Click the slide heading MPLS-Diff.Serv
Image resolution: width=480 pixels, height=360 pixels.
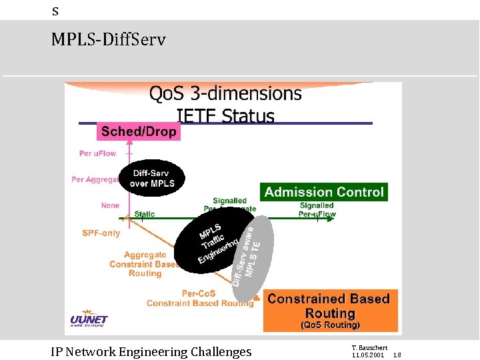click(x=108, y=40)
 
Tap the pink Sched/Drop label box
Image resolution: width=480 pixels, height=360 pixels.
click(x=139, y=131)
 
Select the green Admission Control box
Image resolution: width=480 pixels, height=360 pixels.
click(x=324, y=192)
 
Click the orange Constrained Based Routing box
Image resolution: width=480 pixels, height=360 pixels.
click(x=330, y=310)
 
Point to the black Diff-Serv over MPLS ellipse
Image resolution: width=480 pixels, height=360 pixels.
click(x=154, y=178)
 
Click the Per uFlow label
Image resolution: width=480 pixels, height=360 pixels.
click(x=97, y=153)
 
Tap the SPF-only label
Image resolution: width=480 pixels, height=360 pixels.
click(x=101, y=233)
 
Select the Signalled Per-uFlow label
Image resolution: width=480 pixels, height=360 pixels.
click(x=317, y=210)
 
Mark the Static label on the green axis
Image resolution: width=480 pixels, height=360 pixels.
click(x=145, y=214)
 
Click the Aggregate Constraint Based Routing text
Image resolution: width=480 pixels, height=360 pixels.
click(x=145, y=264)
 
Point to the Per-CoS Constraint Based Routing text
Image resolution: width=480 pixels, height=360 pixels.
click(x=200, y=298)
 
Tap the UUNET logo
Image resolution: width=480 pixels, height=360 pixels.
click(x=89, y=321)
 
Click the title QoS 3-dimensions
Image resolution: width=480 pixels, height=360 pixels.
click(x=225, y=93)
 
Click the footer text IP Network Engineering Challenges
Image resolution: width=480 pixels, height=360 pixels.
click(x=151, y=351)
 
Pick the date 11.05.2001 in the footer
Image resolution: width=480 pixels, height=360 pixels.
click(x=367, y=355)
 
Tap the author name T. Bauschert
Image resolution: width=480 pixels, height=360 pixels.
click(x=369, y=348)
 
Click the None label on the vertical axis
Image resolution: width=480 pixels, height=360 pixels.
click(x=111, y=205)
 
